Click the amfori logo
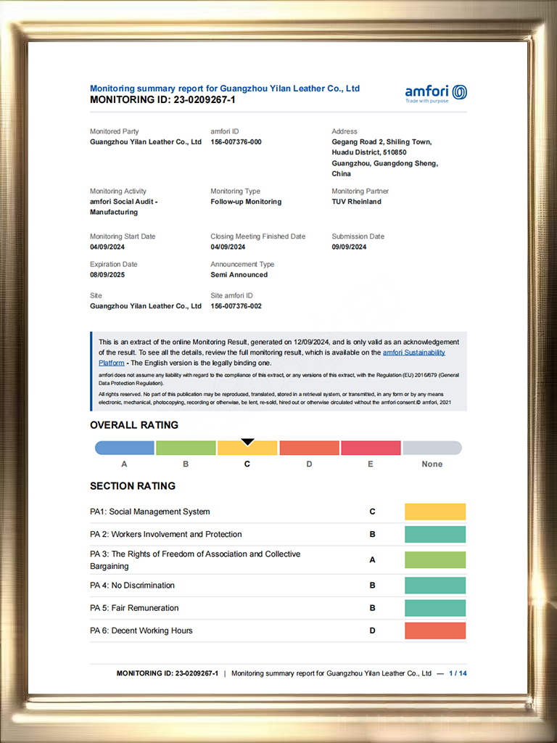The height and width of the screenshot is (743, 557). pyautogui.click(x=436, y=93)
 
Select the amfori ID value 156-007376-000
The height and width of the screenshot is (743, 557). pyautogui.click(x=236, y=142)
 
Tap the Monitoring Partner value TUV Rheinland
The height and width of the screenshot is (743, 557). pyautogui.click(x=356, y=202)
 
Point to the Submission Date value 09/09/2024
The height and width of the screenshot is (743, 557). pyautogui.click(x=349, y=247)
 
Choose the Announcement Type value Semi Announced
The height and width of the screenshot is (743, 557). pyautogui.click(x=239, y=275)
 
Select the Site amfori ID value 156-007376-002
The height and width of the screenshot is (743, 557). pyautogui.click(x=236, y=306)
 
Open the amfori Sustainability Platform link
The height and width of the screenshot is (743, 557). pyautogui.click(x=414, y=353)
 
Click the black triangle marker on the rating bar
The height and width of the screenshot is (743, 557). pyautogui.click(x=247, y=441)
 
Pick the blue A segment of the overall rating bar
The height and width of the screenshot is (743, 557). pyautogui.click(x=125, y=448)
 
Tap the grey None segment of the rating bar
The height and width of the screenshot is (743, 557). pyautogui.click(x=432, y=448)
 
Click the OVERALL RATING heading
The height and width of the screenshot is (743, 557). pyautogui.click(x=134, y=425)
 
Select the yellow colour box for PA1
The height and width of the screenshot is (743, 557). pyautogui.click(x=435, y=512)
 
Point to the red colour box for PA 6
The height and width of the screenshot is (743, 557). pyautogui.click(x=435, y=631)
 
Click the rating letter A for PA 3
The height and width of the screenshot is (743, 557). pyautogui.click(x=372, y=559)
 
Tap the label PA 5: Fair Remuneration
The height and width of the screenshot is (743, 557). pyautogui.click(x=134, y=608)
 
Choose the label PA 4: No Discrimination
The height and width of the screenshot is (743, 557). pyautogui.click(x=132, y=586)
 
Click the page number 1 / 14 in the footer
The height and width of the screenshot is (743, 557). pyautogui.click(x=458, y=673)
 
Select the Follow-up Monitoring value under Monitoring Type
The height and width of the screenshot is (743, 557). pyautogui.click(x=246, y=202)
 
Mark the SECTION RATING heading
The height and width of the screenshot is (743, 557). pyautogui.click(x=133, y=486)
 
